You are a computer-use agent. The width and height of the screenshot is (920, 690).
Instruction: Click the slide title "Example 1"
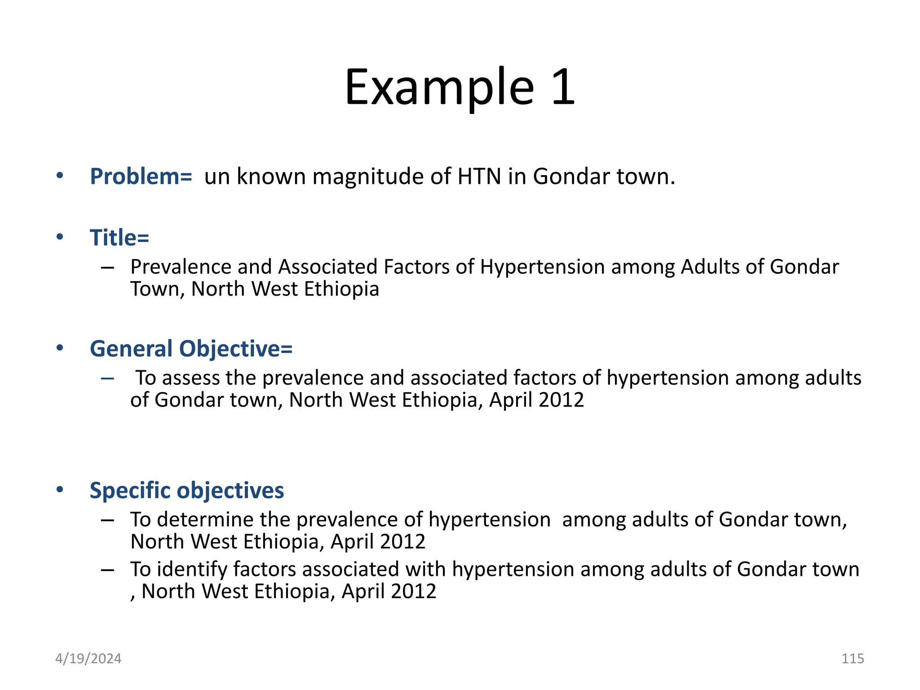460,87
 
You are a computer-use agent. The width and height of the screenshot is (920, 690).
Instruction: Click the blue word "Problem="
141,177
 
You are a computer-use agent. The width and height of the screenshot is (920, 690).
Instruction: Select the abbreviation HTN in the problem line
479,177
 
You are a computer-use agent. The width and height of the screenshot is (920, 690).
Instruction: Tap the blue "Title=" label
119,238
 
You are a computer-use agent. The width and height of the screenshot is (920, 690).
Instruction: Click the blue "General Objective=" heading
191,349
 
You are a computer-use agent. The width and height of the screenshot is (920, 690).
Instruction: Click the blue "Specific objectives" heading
186,491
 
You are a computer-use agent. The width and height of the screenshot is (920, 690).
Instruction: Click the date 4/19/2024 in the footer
88,659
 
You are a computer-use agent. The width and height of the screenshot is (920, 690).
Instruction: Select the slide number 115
852,659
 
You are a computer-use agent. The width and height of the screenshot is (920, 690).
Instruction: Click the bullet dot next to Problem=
60,176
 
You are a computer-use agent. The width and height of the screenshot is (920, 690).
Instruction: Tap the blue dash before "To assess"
107,379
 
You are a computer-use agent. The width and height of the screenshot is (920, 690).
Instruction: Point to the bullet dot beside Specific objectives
60,490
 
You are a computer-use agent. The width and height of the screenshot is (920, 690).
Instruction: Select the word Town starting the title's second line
155,289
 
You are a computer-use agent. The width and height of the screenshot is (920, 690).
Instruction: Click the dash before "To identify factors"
107,570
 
